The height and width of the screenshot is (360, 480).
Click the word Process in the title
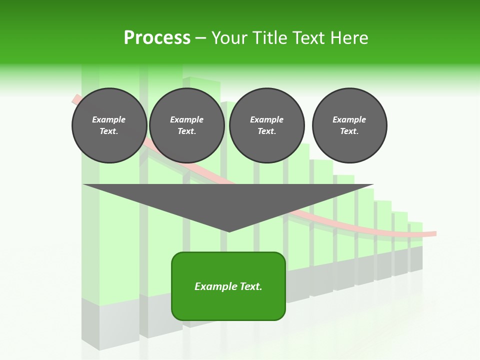[157, 38]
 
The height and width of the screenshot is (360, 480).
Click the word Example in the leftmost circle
[109, 119]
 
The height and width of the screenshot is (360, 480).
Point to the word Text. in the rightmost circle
[349, 131]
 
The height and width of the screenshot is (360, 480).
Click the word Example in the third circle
[266, 119]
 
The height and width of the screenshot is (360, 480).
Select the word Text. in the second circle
[186, 131]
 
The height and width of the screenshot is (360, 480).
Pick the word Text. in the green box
[250, 286]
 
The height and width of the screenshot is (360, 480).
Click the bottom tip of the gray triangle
[229, 231]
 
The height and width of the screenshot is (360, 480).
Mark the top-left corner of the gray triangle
[84, 185]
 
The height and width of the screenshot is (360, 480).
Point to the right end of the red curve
[435, 233]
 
